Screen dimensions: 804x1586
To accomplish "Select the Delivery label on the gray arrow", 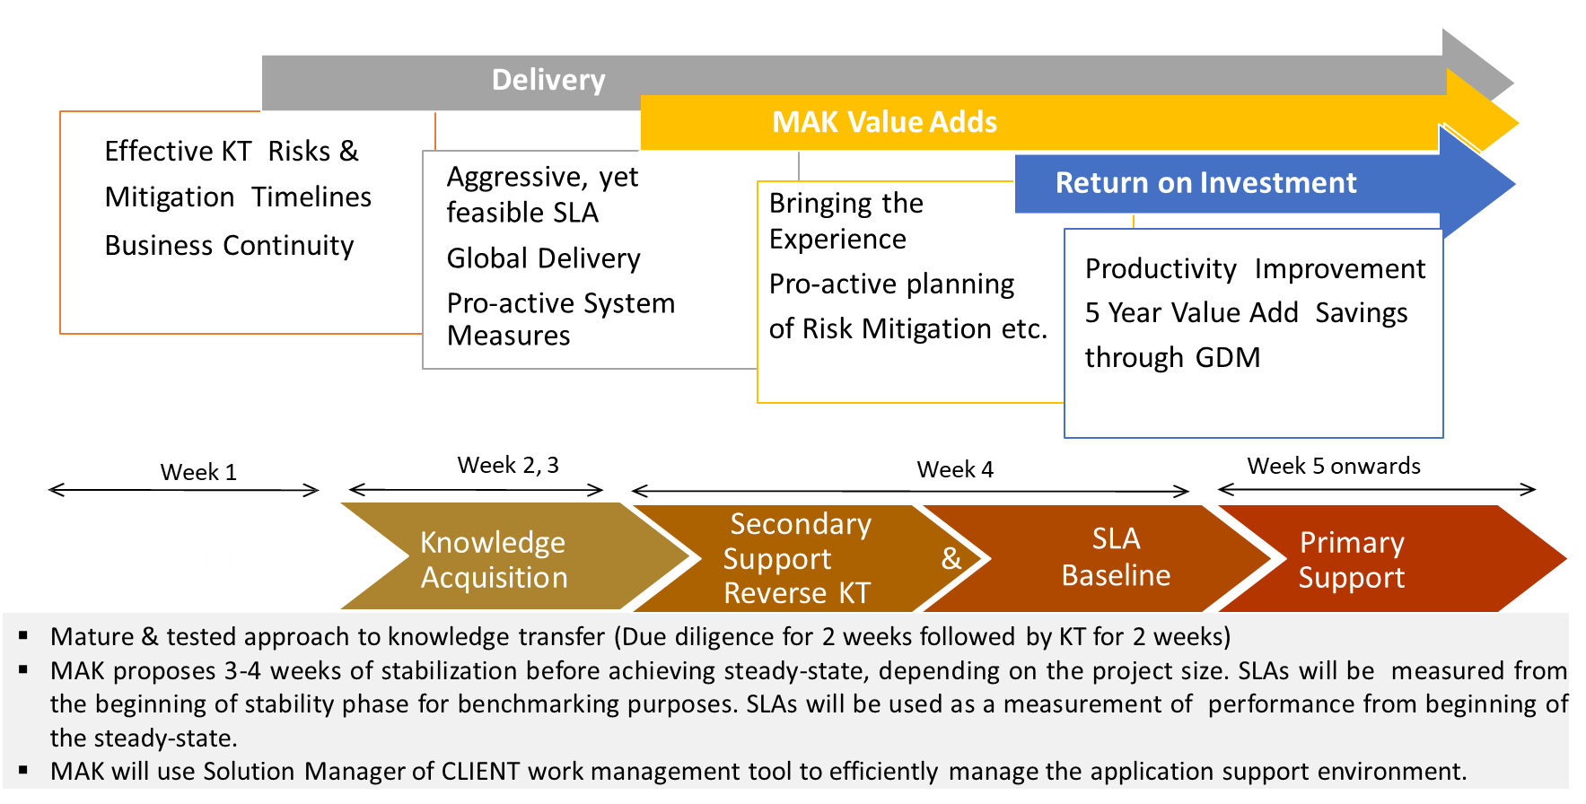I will pyautogui.click(x=548, y=80).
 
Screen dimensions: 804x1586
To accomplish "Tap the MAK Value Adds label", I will pyautogui.click(x=884, y=122).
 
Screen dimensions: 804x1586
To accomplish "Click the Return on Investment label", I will pyautogui.click(x=1205, y=183).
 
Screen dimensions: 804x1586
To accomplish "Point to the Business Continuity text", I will pyautogui.click(x=229, y=245).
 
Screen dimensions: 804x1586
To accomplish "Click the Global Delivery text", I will pyautogui.click(x=543, y=258).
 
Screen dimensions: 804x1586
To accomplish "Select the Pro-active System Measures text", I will pyautogui.click(x=560, y=319).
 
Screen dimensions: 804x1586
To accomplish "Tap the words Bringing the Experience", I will pyautogui.click(x=846, y=221).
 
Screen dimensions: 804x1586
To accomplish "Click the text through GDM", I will pyautogui.click(x=1172, y=357).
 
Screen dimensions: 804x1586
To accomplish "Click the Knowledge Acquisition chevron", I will pyautogui.click(x=494, y=559).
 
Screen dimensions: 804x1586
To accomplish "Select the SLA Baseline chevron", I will pyautogui.click(x=1116, y=556).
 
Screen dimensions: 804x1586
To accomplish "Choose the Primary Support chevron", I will pyautogui.click(x=1352, y=559).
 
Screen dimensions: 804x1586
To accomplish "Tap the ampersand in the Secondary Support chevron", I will pyautogui.click(x=951, y=558).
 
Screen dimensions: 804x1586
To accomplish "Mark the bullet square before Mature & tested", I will pyautogui.click(x=23, y=636).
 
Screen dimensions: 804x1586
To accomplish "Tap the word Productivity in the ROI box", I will pyautogui.click(x=1161, y=268).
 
